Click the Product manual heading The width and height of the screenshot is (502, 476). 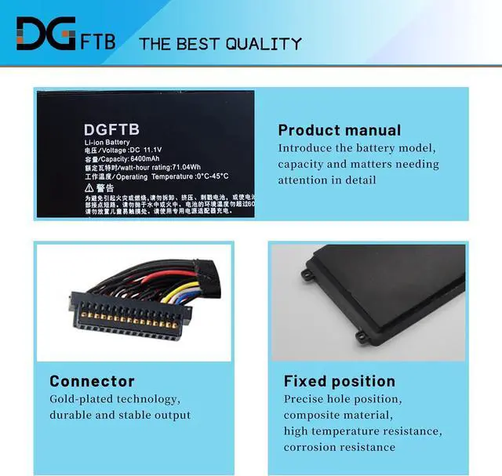tap(339, 130)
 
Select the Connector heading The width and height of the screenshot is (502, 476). tap(92, 381)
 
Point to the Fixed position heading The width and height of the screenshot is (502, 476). tap(339, 381)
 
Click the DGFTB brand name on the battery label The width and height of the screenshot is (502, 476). tap(111, 129)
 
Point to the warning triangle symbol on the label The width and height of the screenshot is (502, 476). tap(89, 188)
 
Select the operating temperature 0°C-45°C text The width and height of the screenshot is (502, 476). tap(201, 176)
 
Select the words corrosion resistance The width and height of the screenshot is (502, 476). tap(339, 447)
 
